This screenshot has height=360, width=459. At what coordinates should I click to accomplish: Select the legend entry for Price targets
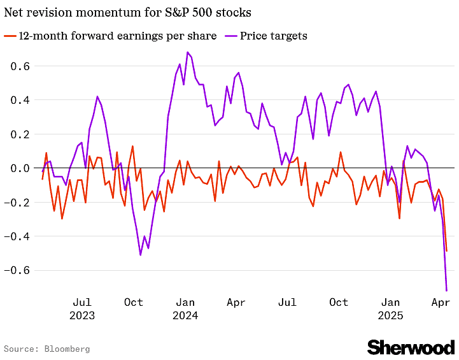pyautogui.click(x=273, y=36)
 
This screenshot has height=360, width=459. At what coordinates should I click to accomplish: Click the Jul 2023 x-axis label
pyautogui.click(x=82, y=308)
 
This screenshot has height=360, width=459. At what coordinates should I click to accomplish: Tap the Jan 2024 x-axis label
pyautogui.click(x=185, y=308)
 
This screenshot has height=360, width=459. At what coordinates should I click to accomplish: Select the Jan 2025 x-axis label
pyautogui.click(x=390, y=308)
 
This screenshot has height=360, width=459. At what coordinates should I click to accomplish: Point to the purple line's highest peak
pyautogui.click(x=187, y=52)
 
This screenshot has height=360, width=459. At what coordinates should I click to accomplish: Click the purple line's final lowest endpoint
pyautogui.click(x=446, y=291)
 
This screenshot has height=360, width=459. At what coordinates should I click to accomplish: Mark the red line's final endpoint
pyautogui.click(x=446, y=251)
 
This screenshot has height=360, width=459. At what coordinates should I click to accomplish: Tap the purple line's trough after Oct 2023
pyautogui.click(x=141, y=255)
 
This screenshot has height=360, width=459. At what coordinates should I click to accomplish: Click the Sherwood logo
pyautogui.click(x=411, y=347)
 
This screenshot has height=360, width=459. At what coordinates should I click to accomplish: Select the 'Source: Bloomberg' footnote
pyautogui.click(x=46, y=349)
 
